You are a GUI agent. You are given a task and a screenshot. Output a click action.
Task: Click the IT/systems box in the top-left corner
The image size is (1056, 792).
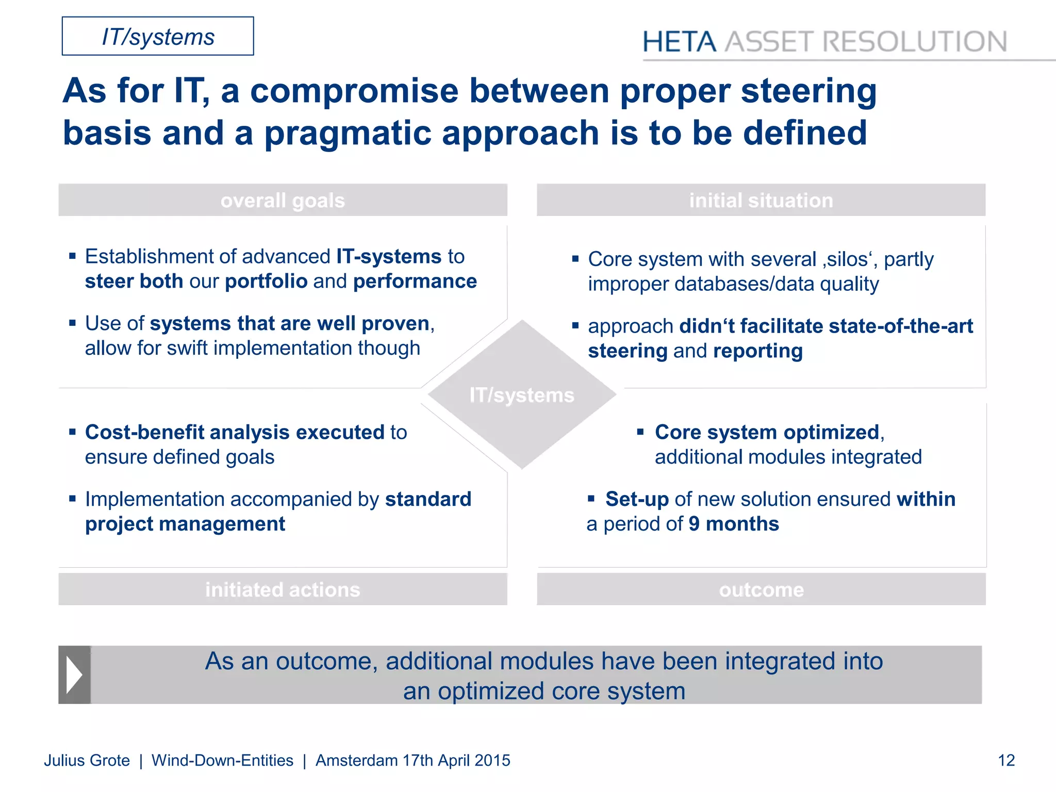158,37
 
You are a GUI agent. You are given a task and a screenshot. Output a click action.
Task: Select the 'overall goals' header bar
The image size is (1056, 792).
283,200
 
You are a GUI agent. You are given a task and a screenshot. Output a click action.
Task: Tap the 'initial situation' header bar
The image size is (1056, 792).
761,200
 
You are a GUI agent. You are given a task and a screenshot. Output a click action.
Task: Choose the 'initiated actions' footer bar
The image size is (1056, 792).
283,589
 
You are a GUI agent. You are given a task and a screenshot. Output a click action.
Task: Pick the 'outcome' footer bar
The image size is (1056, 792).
761,589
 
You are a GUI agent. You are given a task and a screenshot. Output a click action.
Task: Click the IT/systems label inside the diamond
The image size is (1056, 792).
521,395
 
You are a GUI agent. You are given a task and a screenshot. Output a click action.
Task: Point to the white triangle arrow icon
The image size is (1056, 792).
74,674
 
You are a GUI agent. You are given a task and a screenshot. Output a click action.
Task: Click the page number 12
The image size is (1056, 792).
1006,761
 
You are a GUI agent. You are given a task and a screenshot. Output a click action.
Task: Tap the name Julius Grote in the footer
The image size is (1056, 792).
87,761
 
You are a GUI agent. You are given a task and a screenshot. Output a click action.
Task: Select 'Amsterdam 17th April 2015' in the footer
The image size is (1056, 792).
412,761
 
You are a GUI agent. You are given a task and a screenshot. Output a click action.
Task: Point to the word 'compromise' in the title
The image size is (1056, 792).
354,91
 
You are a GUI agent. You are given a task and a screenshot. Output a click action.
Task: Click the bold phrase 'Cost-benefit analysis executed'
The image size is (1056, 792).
235,432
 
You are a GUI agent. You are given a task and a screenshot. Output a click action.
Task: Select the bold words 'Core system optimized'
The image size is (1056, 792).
767,432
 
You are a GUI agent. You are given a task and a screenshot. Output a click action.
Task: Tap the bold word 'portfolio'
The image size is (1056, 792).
266,282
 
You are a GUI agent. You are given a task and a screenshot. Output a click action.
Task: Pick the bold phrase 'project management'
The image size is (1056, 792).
185,524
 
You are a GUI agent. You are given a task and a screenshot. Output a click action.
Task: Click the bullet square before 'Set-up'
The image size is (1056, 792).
591,498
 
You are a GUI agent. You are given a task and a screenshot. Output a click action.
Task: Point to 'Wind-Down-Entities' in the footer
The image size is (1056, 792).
222,761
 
